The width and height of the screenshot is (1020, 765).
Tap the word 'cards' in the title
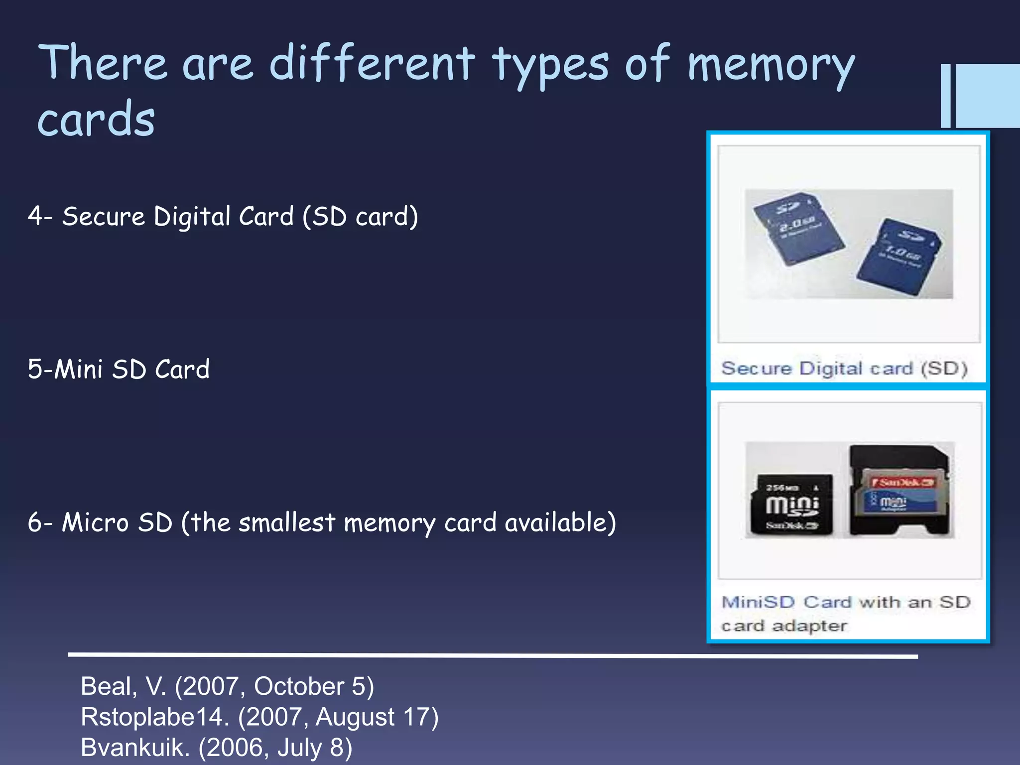coord(96,120)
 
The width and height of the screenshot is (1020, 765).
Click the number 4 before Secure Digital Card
coord(35,216)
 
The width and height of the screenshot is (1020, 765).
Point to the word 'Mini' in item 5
coord(79,370)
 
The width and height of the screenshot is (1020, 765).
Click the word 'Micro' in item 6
coord(95,522)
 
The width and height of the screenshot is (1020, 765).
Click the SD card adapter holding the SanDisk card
coord(899,491)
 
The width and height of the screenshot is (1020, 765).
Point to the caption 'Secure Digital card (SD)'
coord(844,369)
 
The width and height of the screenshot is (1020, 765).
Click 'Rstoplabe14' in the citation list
coord(155,717)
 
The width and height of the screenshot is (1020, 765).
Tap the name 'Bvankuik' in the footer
coord(135,748)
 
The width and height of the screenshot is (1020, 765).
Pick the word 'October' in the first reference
coord(299,686)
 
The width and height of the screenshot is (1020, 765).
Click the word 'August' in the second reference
coord(355,717)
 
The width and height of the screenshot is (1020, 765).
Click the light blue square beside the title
coord(988,96)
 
